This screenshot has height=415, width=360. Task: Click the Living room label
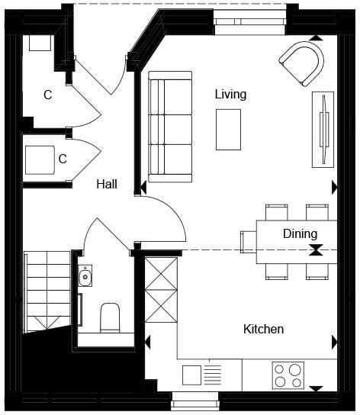click(x=230, y=95)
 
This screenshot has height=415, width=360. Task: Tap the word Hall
click(x=106, y=184)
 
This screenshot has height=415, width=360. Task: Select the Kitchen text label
click(x=263, y=330)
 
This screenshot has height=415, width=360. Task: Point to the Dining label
click(x=300, y=234)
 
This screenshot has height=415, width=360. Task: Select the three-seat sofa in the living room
click(x=169, y=127)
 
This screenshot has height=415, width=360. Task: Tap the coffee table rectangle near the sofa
click(x=228, y=129)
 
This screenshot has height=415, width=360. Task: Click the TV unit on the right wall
click(x=323, y=129)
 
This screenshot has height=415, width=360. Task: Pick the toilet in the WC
click(x=111, y=317)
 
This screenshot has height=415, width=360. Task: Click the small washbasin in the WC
click(x=85, y=276)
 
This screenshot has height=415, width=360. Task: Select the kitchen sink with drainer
click(x=202, y=375)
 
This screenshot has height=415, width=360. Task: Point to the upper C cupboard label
click(x=47, y=95)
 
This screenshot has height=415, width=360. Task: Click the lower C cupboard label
click(x=63, y=159)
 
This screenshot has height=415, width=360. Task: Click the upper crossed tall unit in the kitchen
click(x=160, y=272)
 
